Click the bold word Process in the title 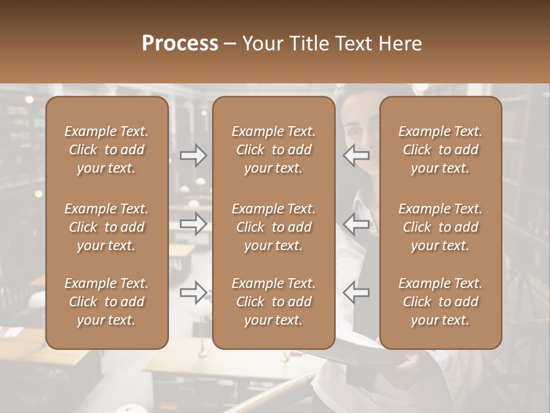coord(180,44)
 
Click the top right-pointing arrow coord(194,155)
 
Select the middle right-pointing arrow coord(194,223)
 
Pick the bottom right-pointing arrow coord(194,293)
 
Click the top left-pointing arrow coord(356,155)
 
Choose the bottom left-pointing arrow coord(356,293)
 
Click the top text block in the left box coord(107,150)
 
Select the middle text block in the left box coord(107,227)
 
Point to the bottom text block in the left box coord(107,302)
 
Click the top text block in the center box coord(273,150)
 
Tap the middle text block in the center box coord(273,227)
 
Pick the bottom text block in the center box coord(273,302)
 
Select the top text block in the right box coord(440,150)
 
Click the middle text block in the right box coord(440,227)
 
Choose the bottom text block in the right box coord(440,302)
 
